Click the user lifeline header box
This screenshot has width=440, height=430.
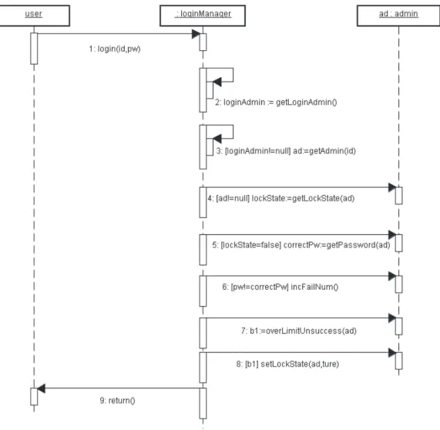pos(34,15)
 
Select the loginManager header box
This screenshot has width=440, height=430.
pos(203,15)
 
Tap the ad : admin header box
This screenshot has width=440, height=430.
pos(398,15)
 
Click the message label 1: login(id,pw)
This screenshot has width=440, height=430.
pos(115,49)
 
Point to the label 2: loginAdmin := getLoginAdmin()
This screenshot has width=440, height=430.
pos(276,102)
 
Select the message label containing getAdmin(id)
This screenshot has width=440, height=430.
pos(286,151)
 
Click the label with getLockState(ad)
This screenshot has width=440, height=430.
pos(281,199)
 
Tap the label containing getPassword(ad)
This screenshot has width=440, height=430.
pos(301,245)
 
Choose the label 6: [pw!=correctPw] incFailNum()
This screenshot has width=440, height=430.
pos(280,287)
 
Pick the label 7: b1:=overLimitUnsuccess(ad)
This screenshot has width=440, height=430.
pos(299,331)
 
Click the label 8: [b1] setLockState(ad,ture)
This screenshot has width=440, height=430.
pos(287,364)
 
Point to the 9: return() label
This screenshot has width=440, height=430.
pos(117,400)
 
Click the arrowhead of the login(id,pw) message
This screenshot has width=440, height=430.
pos(196,34)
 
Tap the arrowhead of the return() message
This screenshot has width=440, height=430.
pos(42,388)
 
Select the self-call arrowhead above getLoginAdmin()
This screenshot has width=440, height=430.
pos(217,82)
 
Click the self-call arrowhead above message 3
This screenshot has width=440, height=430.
pos(217,139)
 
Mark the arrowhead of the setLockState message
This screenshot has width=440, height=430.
pos(392,352)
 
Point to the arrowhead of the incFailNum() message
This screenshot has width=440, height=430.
pos(392,276)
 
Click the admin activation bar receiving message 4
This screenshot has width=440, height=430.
pos(398,196)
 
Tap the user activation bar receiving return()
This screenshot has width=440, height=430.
pos(34,397)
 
